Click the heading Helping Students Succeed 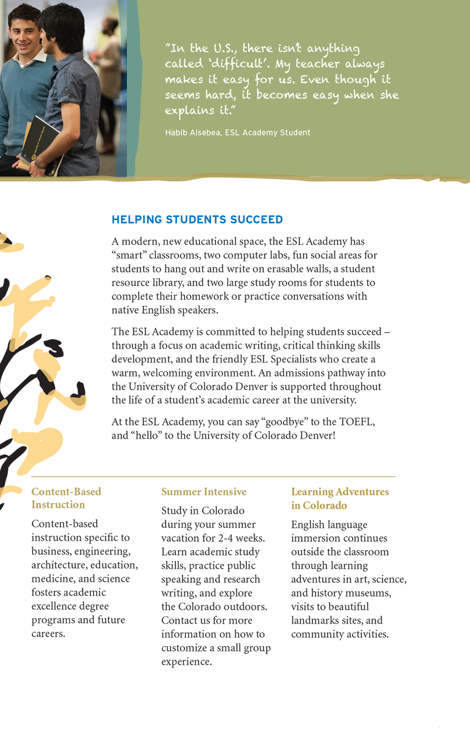[197, 220]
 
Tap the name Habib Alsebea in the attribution [192, 133]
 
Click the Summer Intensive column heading [204, 492]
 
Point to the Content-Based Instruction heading [66, 498]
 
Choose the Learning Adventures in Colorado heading [340, 499]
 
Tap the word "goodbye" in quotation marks [285, 422]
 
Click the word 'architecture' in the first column [59, 565]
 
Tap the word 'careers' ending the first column [48, 634]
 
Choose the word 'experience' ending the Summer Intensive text [186, 662]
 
